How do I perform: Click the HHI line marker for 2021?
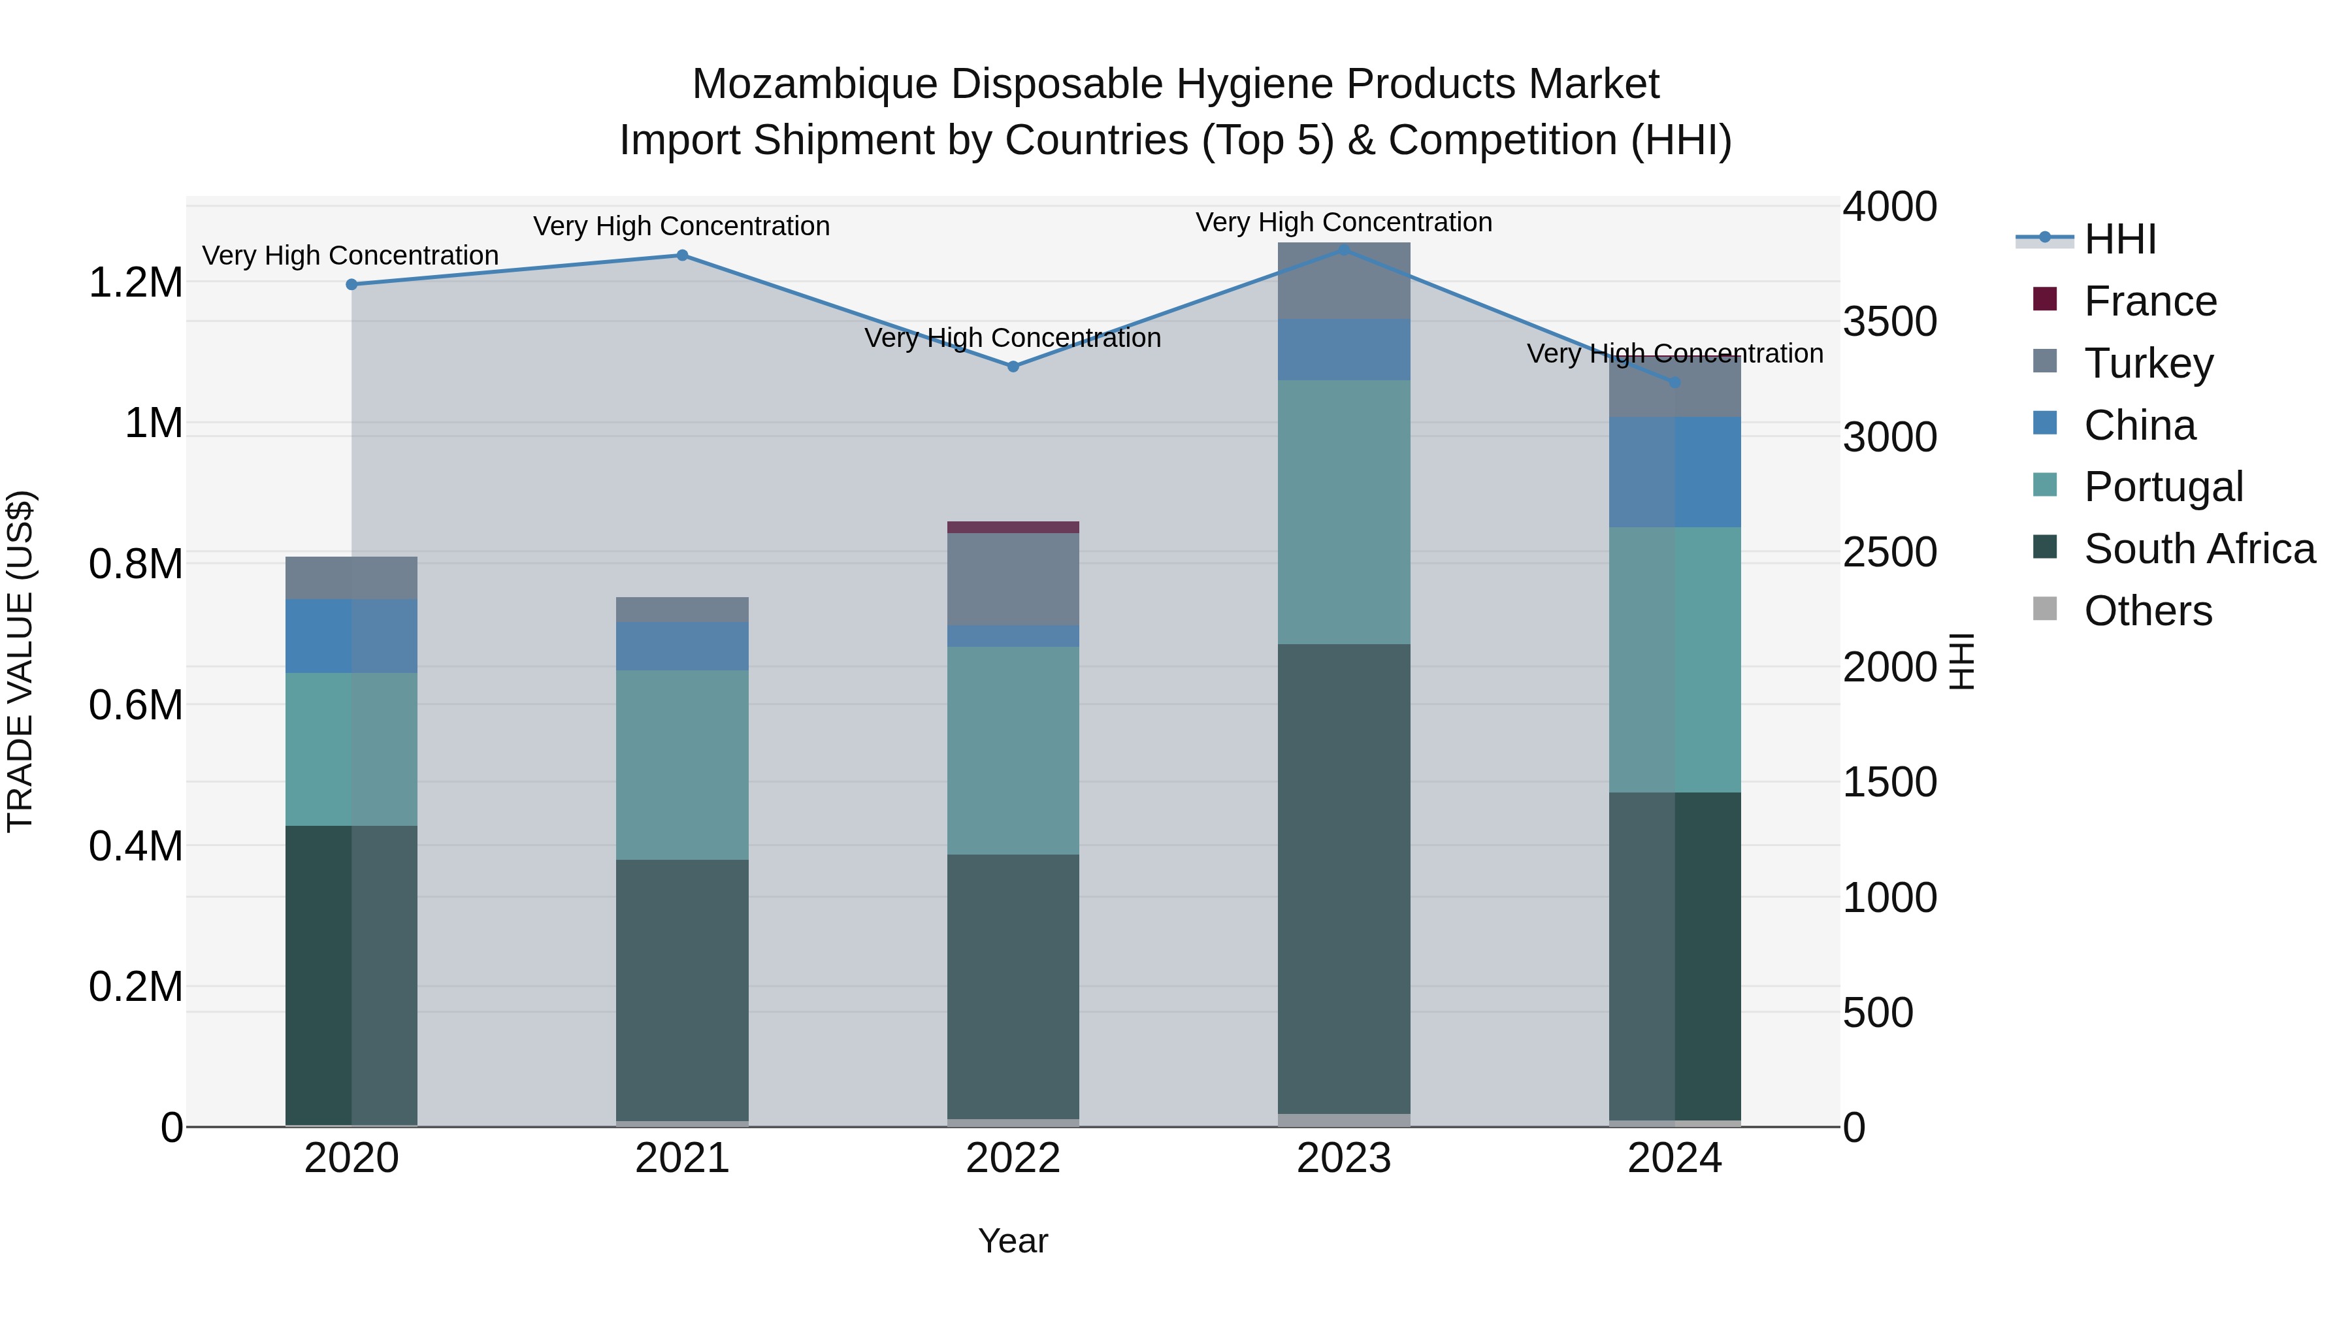click(x=682, y=255)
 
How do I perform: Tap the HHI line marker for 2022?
click(x=1013, y=366)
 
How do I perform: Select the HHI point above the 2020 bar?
click(x=351, y=285)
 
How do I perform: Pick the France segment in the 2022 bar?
click(x=1013, y=527)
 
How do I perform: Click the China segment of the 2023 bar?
click(x=1343, y=350)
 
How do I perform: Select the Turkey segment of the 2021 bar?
click(x=682, y=610)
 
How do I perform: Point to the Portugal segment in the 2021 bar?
click(x=682, y=765)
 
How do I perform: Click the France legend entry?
click(x=2149, y=301)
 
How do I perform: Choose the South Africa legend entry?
click(x=2198, y=549)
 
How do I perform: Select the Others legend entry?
click(x=2148, y=611)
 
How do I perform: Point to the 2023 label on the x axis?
click(x=1343, y=1158)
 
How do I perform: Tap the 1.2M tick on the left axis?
click(x=135, y=283)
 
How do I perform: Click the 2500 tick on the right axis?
click(x=1889, y=552)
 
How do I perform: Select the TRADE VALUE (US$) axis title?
click(x=20, y=661)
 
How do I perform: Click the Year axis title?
click(x=1013, y=1241)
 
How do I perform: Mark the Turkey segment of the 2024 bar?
click(x=1674, y=388)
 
